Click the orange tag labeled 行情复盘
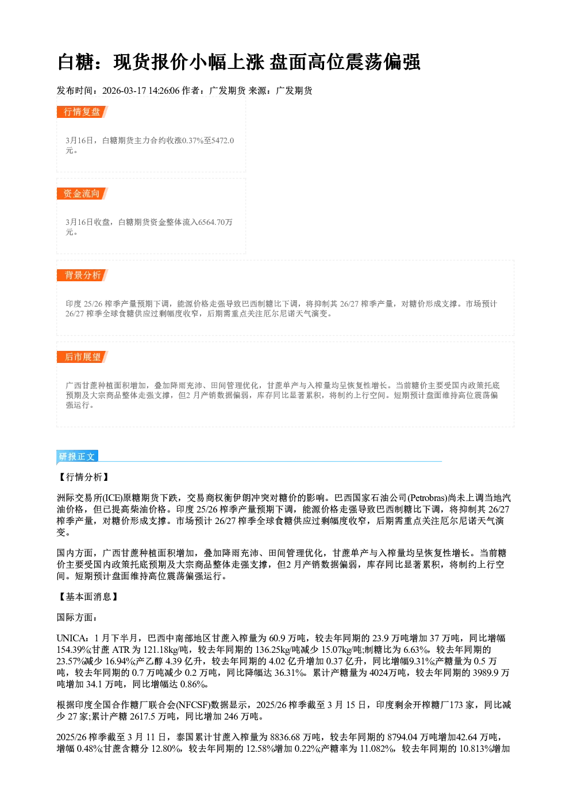[82, 112]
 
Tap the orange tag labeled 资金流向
[82, 193]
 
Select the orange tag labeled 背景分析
[82, 276]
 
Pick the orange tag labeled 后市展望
[82, 357]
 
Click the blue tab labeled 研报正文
[77, 457]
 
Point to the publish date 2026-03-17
[124, 91]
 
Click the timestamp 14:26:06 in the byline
[164, 91]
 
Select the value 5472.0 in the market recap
[222, 140]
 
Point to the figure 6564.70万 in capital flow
[215, 222]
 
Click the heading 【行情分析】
[83, 477]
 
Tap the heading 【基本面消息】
[88, 597]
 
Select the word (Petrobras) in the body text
[427, 498]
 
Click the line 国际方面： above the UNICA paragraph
[77, 618]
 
